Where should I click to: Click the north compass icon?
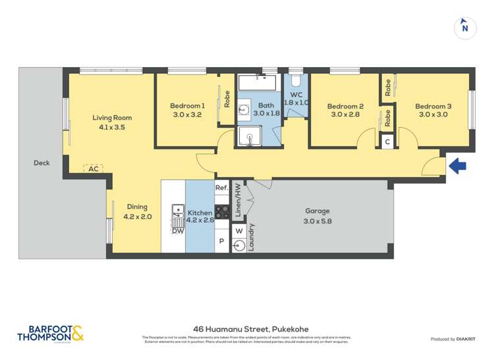tap(465, 27)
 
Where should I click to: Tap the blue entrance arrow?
tap(458, 165)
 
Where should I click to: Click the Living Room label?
tap(108, 118)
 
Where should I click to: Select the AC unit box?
tap(94, 168)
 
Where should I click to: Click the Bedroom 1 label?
tap(187, 105)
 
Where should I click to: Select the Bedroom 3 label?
tap(433, 106)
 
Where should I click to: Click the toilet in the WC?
tap(295, 82)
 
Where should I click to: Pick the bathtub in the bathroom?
tap(257, 83)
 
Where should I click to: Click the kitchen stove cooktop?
tap(221, 212)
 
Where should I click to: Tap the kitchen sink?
tap(178, 211)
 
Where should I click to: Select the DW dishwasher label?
tap(177, 230)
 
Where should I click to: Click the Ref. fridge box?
tap(221, 188)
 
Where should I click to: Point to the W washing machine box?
tap(239, 230)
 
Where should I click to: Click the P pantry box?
tap(221, 242)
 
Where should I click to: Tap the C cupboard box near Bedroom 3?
tap(387, 141)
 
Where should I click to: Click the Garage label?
tap(317, 211)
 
